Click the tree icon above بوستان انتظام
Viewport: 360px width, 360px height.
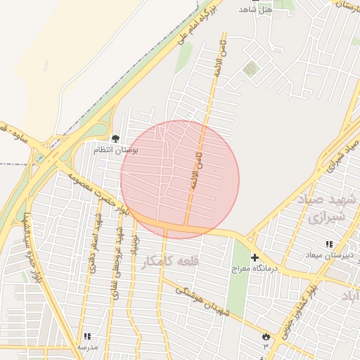point(115,139)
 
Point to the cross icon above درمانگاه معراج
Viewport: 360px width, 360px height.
point(255,258)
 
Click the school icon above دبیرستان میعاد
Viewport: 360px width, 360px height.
point(329,244)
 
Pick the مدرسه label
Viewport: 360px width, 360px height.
point(87,347)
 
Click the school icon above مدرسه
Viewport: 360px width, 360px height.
point(87,337)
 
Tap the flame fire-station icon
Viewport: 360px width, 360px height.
point(266,337)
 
